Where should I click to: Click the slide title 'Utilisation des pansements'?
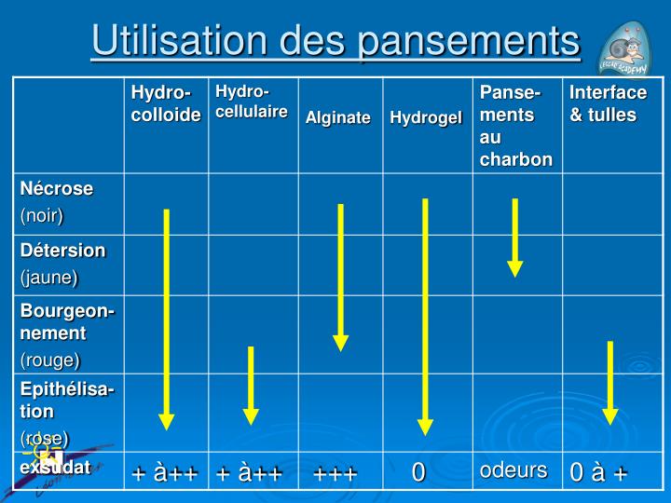(335, 42)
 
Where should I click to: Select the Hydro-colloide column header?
(165, 103)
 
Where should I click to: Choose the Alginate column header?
(337, 117)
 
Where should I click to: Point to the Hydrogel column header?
(426, 117)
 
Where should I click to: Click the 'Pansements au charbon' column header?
(515, 126)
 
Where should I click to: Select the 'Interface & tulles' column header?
(608, 103)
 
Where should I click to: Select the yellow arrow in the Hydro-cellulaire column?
(251, 385)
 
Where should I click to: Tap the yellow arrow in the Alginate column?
(340, 277)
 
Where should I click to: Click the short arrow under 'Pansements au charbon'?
(514, 238)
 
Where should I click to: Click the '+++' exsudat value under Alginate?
(335, 473)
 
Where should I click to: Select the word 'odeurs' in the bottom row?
(513, 470)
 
